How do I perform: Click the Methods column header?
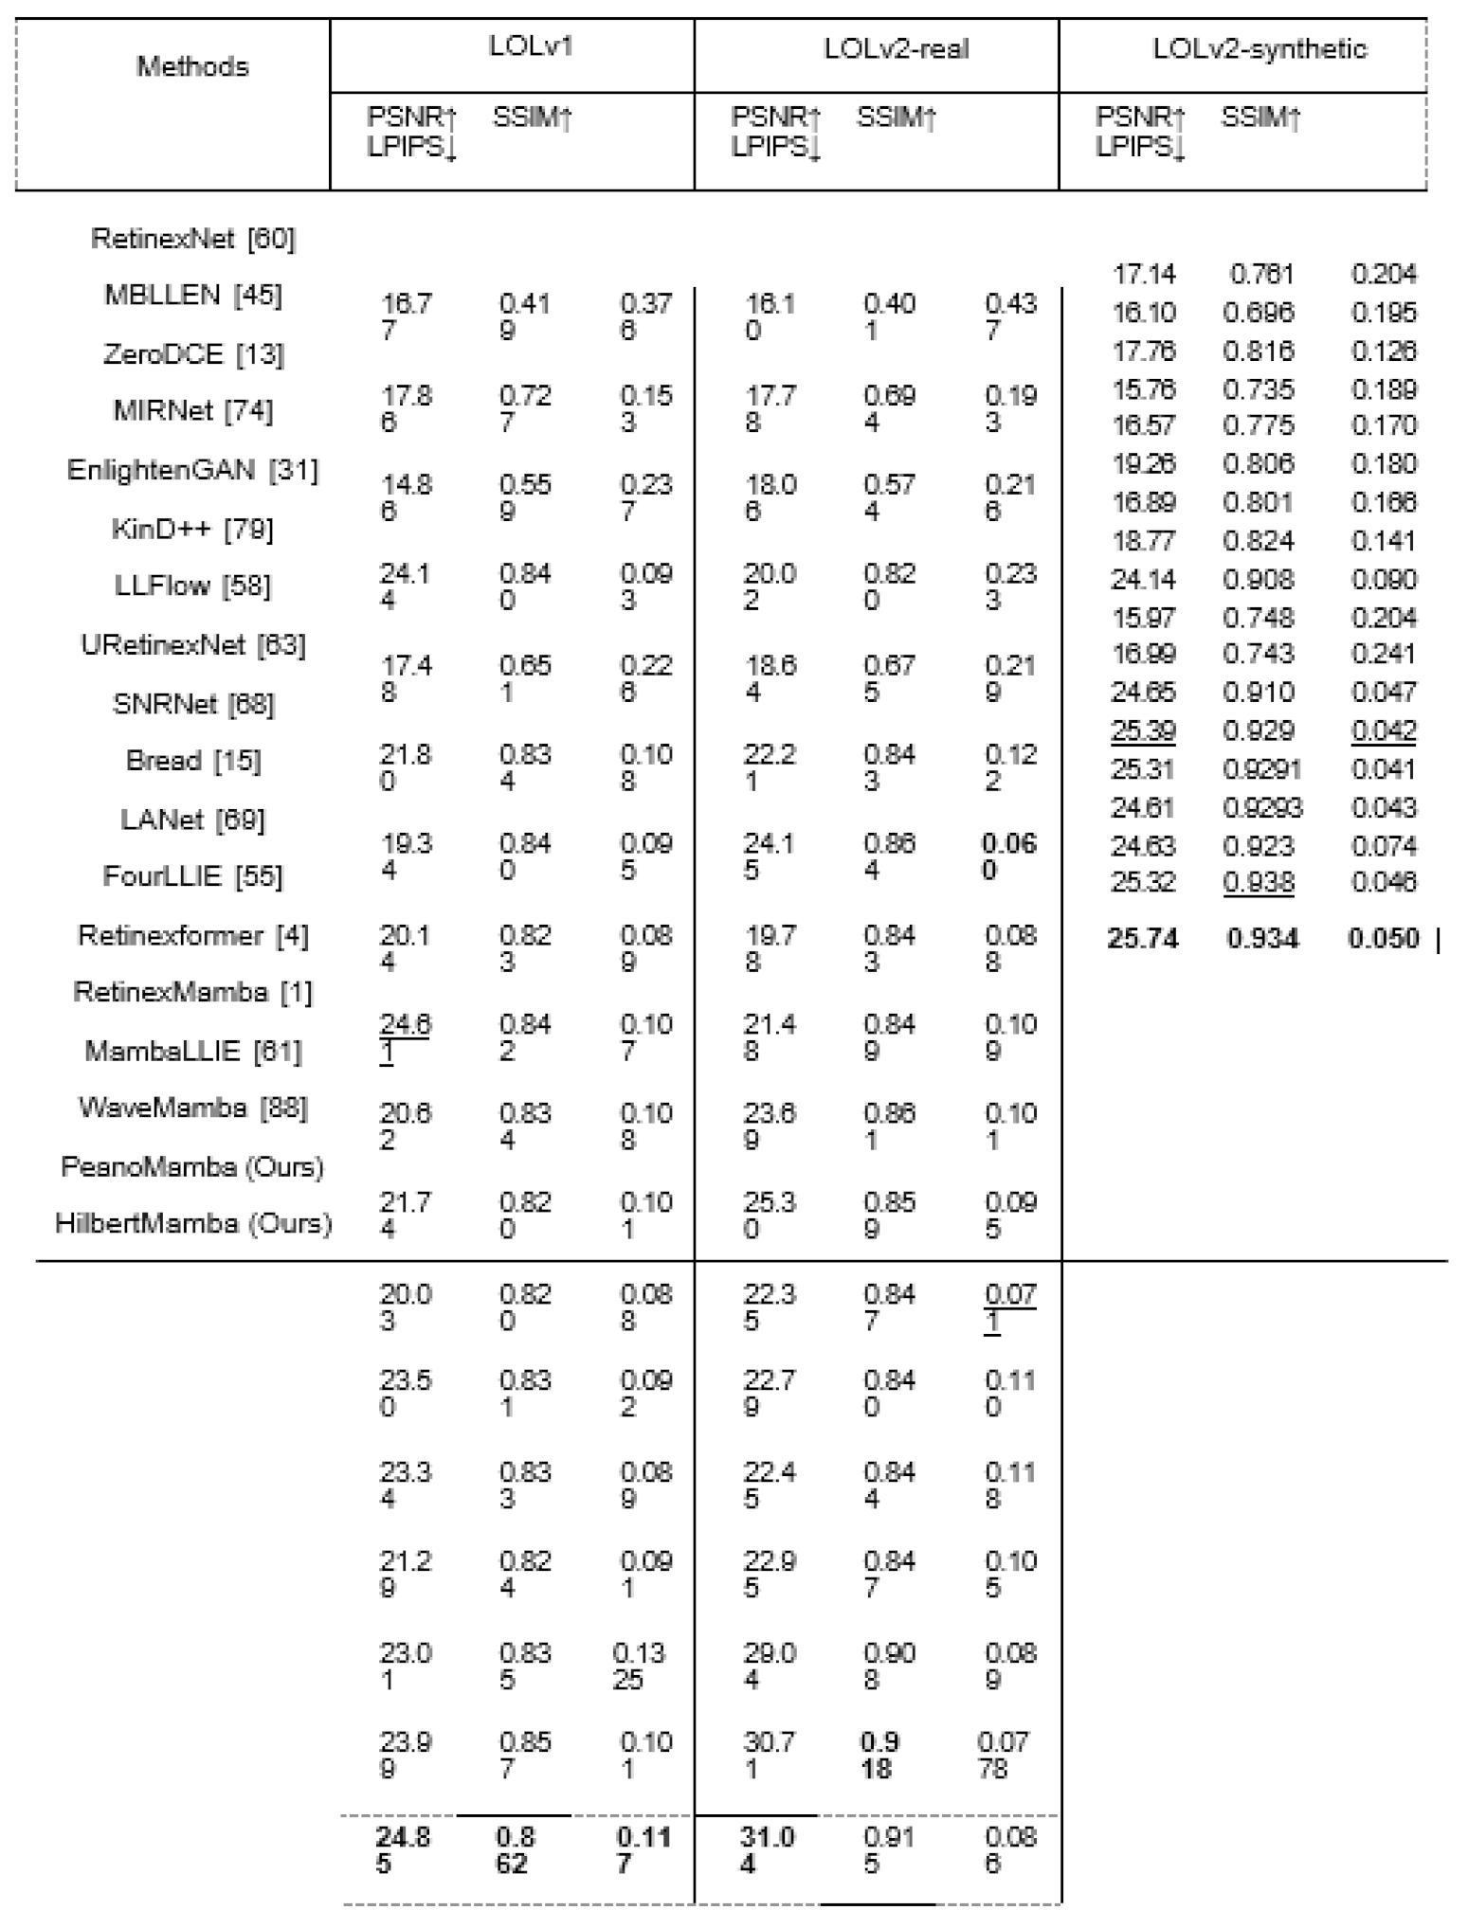point(192,66)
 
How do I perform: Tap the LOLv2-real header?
point(896,48)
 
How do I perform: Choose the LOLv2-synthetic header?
point(1260,48)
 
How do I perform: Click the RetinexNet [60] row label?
point(193,238)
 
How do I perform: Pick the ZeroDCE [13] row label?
point(193,354)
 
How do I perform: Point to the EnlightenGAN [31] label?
point(193,470)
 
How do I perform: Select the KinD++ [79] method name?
point(193,528)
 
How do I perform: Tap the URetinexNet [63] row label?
point(193,645)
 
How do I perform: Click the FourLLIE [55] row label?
point(193,876)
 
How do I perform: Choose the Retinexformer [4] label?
point(193,936)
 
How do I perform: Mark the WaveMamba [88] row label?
point(193,1108)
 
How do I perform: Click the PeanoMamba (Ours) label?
point(193,1166)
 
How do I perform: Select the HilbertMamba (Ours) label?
point(193,1223)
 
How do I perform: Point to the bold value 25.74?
point(1143,939)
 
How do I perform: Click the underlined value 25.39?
point(1143,730)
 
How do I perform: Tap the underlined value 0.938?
point(1259,883)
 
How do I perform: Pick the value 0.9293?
point(1262,807)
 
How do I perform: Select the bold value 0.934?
point(1262,939)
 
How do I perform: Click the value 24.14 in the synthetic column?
point(1143,579)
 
